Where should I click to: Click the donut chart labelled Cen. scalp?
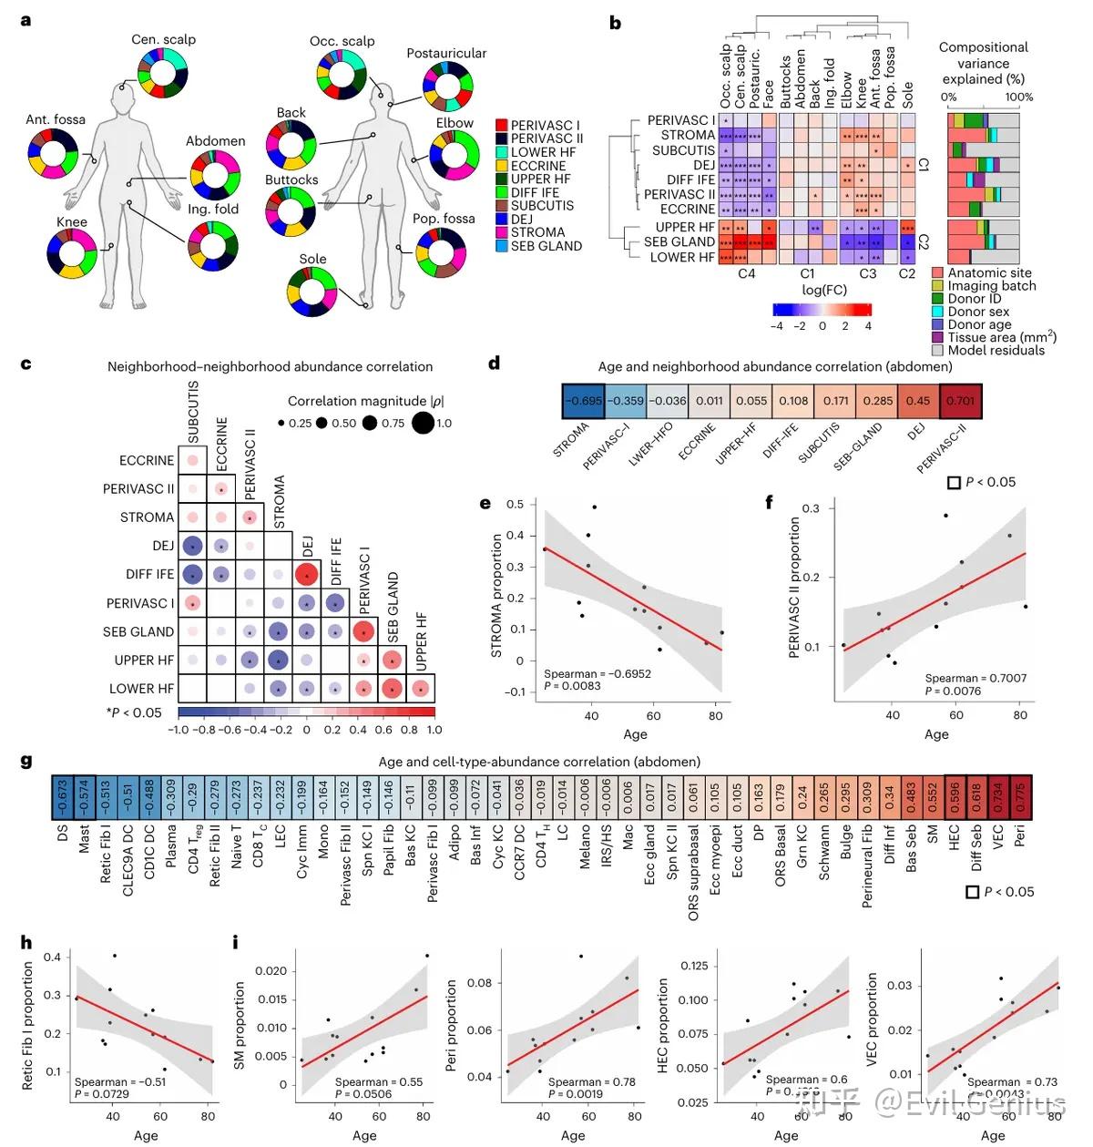point(163,73)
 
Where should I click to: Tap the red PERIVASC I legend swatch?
point(502,126)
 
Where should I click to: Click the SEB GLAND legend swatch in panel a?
point(502,246)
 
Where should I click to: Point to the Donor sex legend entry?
point(937,312)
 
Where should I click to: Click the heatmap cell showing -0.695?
point(583,400)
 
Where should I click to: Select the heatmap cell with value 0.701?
point(960,400)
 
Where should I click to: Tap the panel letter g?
point(26,762)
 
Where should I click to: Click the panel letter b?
point(616,24)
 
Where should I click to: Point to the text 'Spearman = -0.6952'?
point(597,674)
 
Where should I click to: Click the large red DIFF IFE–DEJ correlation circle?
point(307,575)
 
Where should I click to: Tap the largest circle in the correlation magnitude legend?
point(423,423)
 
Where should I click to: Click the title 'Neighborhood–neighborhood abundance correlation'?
point(270,367)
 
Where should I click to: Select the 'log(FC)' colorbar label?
point(824,290)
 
